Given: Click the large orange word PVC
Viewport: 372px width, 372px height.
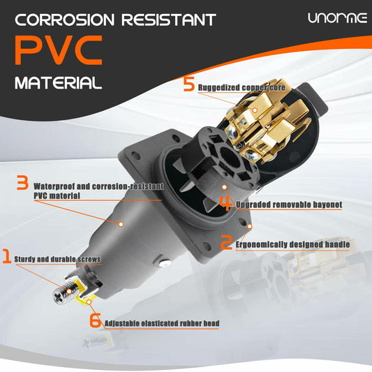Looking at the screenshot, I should coord(59,50).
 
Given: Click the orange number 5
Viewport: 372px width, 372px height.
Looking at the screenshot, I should coord(188,85).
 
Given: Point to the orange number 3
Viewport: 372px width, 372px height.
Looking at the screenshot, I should coord(22,184).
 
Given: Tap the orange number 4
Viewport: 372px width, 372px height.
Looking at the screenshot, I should coord(225,202).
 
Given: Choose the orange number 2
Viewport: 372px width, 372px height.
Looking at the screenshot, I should coord(226,243).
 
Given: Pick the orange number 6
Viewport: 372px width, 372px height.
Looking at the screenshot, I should coord(95,320).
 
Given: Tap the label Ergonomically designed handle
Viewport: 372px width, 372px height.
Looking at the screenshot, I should coord(293,245).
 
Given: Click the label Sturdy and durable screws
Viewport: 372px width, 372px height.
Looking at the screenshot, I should coord(57,260).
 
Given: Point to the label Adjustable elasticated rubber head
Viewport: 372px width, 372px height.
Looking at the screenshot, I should coord(164,324).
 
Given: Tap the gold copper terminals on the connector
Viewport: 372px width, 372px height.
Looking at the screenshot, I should coord(265,126).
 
